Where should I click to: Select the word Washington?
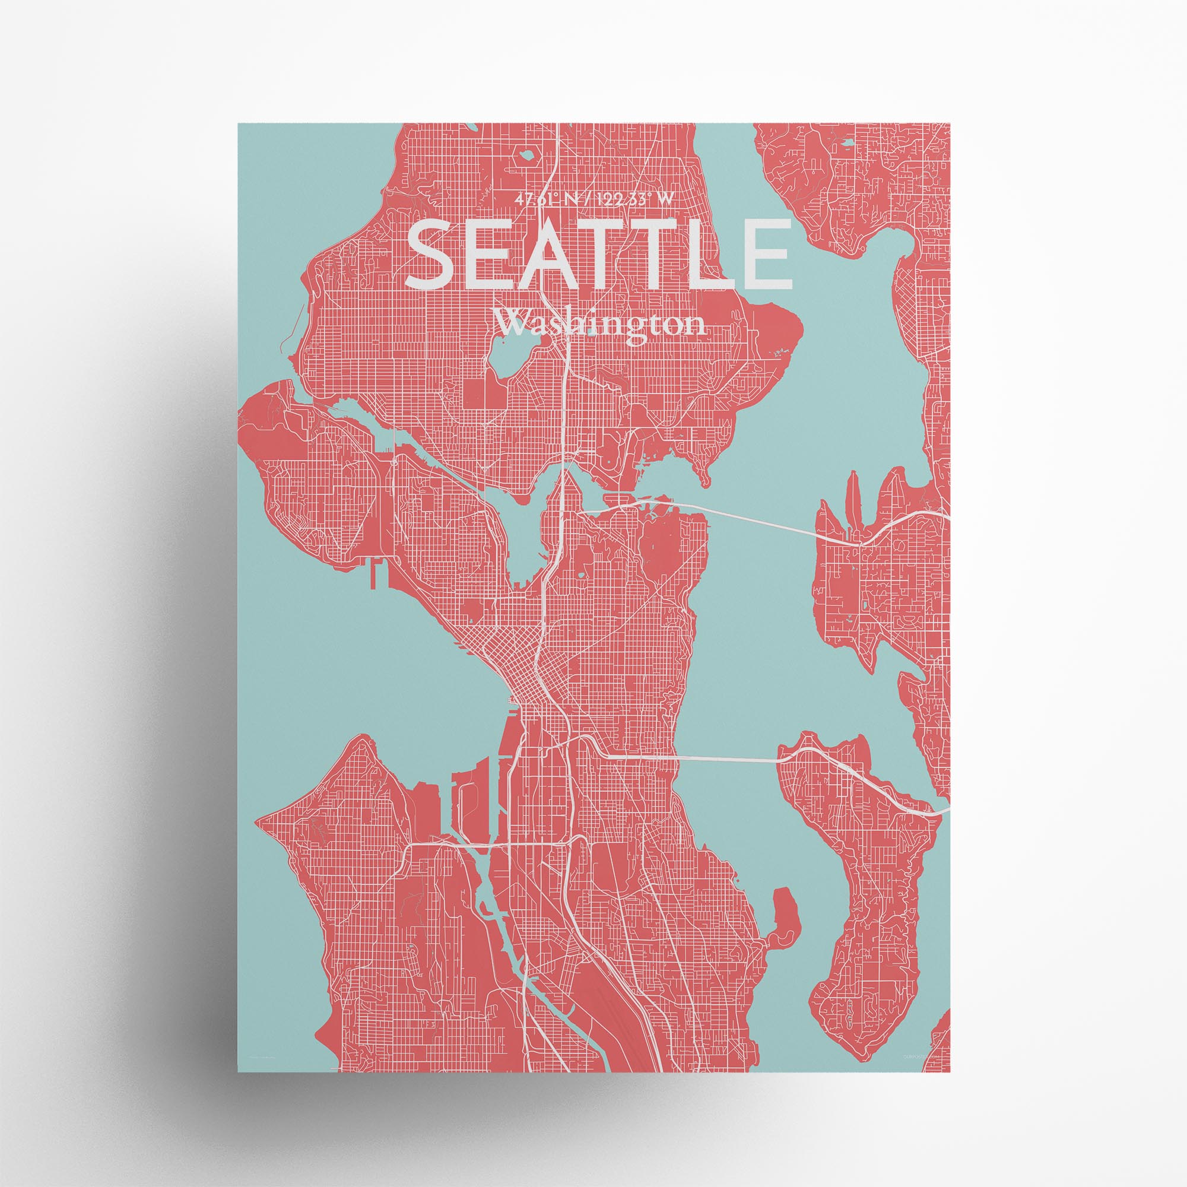599,324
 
